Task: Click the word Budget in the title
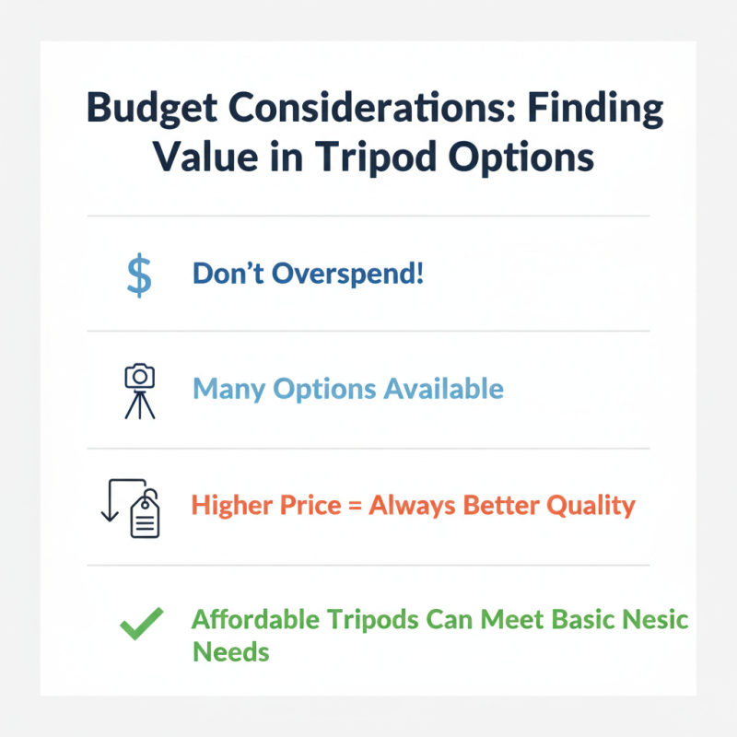(153, 110)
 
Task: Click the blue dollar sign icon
(138, 275)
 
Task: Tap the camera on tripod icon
(139, 391)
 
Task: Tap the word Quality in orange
(589, 506)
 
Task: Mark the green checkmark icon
(142, 625)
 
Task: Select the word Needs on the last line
(230, 652)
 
